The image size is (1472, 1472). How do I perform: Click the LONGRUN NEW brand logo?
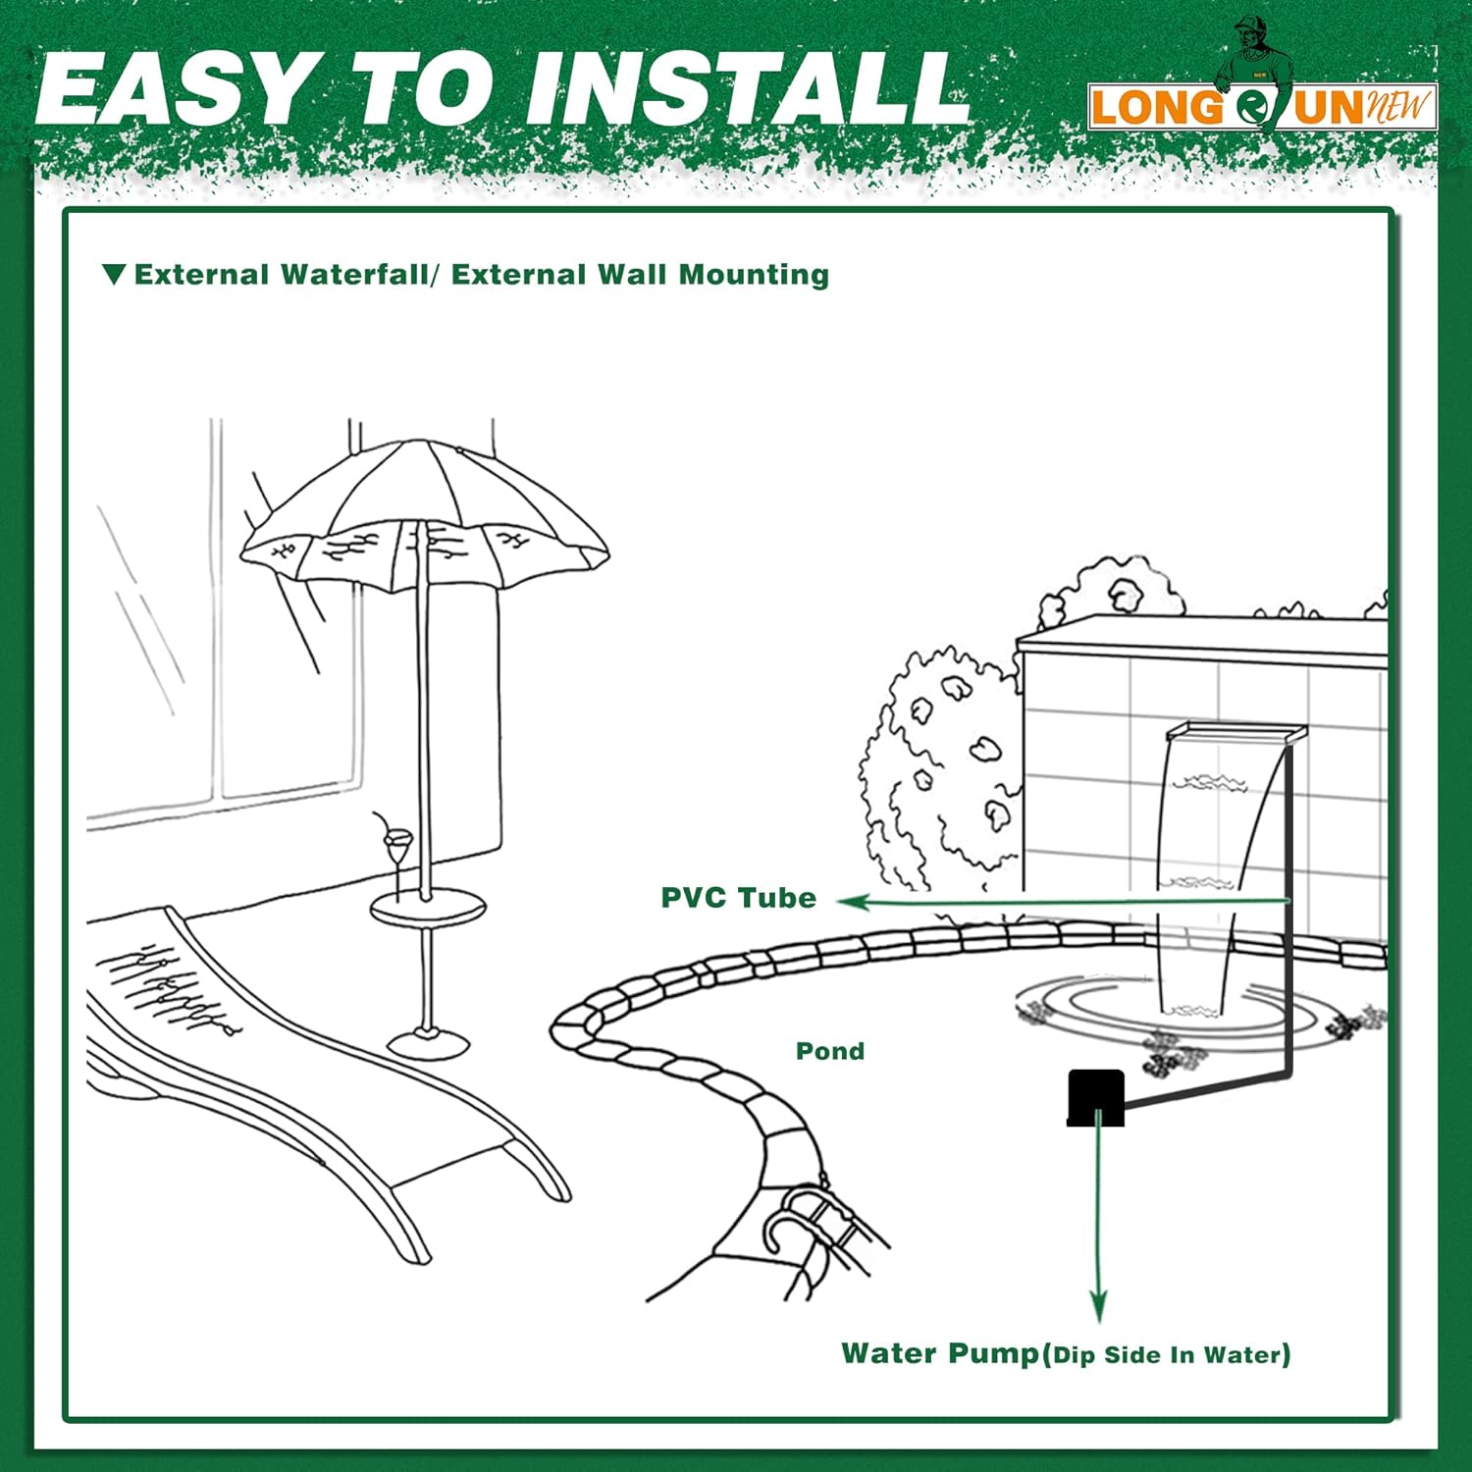pos(1263,106)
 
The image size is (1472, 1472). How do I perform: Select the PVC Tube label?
pos(738,898)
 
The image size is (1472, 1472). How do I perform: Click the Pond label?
pos(830,1051)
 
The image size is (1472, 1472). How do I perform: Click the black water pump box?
pos(1095,1097)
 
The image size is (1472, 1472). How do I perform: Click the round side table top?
pos(427,907)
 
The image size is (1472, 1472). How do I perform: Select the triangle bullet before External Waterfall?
pos(114,274)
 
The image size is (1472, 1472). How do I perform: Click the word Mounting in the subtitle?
pos(754,276)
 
